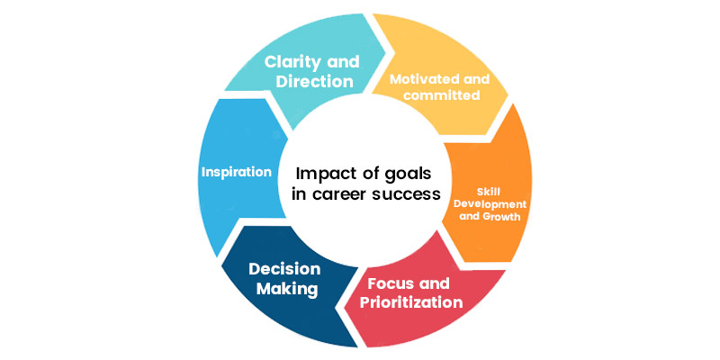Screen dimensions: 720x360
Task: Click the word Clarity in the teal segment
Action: pyautogui.click(x=296, y=62)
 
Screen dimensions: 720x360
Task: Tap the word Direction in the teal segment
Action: pyautogui.click(x=314, y=82)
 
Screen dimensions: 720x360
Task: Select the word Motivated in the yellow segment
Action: pyautogui.click(x=418, y=79)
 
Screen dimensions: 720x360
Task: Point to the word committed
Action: pyautogui.click(x=442, y=96)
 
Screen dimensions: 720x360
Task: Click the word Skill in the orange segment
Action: pyautogui.click(x=486, y=192)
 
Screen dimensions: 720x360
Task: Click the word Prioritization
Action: pyautogui.click(x=411, y=302)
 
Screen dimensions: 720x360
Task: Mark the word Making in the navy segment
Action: pyautogui.click(x=287, y=289)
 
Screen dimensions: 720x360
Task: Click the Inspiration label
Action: pyautogui.click(x=237, y=173)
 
